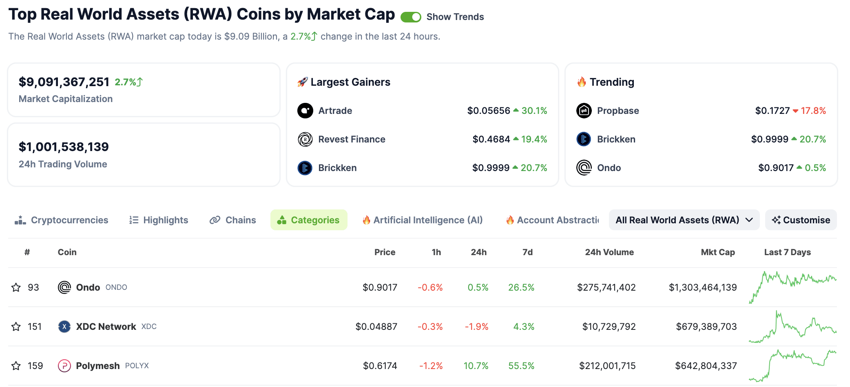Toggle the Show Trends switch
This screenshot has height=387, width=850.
410,17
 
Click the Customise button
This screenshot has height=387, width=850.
801,220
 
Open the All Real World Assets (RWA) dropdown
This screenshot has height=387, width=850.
684,220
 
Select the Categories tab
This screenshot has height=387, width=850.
309,220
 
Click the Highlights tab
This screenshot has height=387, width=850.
159,220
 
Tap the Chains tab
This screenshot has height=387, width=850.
233,220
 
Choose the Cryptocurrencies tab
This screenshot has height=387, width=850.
62,220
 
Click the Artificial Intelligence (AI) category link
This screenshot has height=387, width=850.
423,220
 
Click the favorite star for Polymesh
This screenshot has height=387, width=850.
16,366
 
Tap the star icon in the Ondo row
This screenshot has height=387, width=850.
16,287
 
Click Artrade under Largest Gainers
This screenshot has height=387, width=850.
335,111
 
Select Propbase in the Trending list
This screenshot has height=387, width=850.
618,111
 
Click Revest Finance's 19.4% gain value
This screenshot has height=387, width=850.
534,139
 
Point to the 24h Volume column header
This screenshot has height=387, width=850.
609,252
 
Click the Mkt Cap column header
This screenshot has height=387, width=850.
717,252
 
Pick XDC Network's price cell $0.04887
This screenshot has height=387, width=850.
376,327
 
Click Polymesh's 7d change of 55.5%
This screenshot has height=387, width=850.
521,366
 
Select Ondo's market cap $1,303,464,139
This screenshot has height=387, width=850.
702,287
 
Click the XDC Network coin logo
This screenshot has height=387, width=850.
64,327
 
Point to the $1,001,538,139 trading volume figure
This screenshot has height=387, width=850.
64,147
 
